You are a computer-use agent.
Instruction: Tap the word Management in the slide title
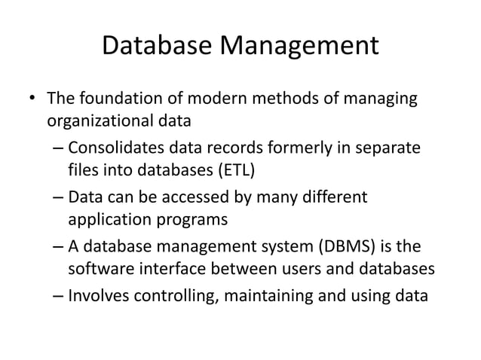pos(299,47)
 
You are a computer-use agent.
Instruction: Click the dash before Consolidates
pos(59,149)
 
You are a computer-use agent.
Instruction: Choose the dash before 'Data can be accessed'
pos(59,198)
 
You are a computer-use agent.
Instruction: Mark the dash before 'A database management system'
pos(59,248)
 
